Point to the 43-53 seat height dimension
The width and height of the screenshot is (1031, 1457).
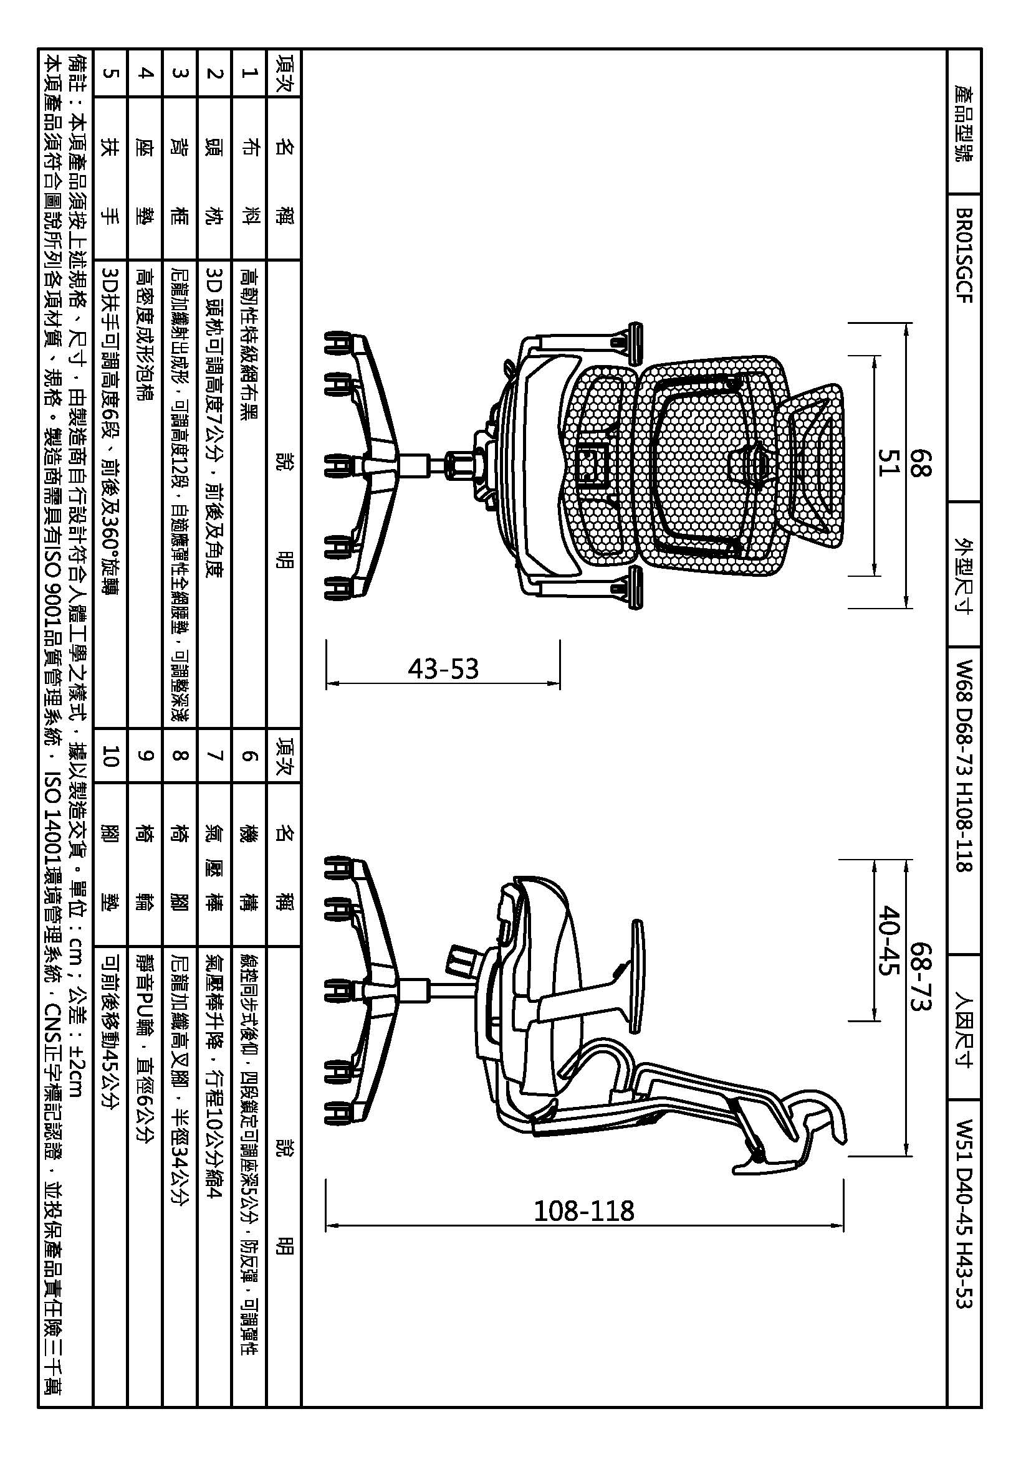click(443, 668)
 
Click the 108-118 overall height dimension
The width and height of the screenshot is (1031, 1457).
click(583, 1211)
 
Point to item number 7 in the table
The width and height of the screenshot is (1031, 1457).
click(215, 756)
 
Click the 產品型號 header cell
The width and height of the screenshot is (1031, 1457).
click(963, 123)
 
